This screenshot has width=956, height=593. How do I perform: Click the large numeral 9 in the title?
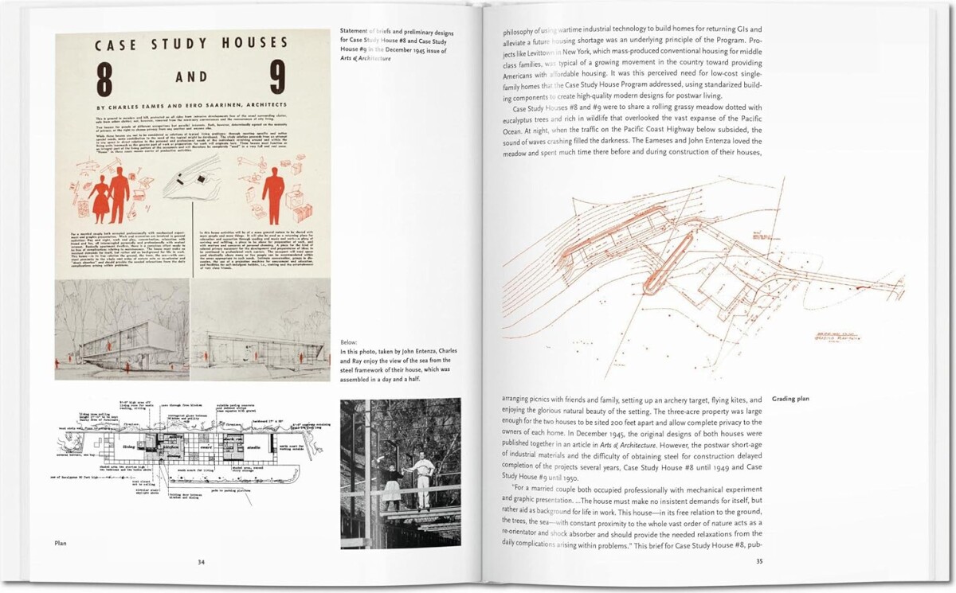click(276, 78)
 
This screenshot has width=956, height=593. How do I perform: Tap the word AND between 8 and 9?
click(192, 77)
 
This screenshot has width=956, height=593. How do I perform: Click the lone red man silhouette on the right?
click(273, 195)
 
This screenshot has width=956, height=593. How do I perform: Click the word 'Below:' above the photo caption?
click(350, 341)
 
